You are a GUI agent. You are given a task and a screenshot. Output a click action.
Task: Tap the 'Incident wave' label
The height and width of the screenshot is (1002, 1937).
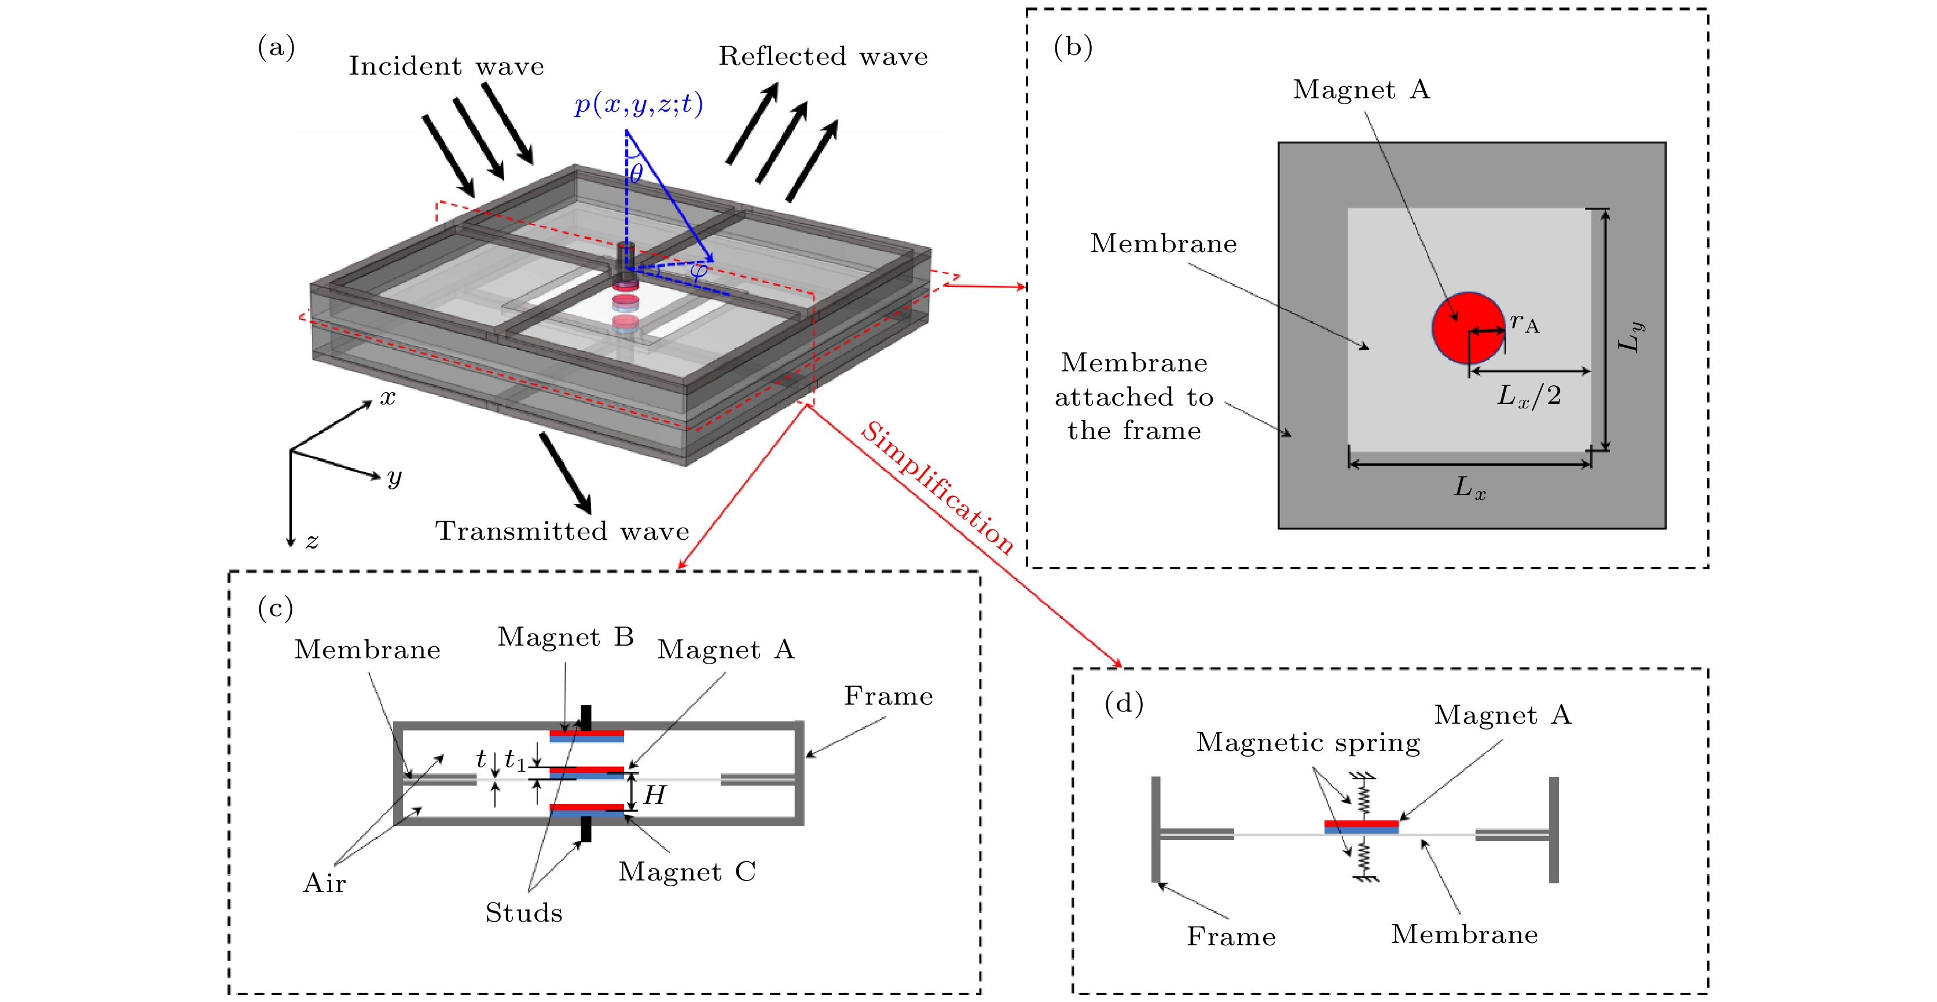pyautogui.click(x=446, y=66)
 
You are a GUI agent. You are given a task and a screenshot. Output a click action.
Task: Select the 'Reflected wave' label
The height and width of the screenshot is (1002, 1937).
pyautogui.click(x=823, y=56)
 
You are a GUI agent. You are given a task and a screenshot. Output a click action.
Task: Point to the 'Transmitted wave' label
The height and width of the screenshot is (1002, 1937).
pyautogui.click(x=562, y=531)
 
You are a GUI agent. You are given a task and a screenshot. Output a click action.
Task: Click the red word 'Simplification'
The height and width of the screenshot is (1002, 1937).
pyautogui.click(x=937, y=487)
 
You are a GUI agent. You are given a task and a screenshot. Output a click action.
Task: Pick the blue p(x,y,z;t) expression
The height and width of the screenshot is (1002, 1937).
pyautogui.click(x=639, y=104)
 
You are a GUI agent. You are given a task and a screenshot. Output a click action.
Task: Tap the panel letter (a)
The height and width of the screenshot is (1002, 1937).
pyautogui.click(x=276, y=47)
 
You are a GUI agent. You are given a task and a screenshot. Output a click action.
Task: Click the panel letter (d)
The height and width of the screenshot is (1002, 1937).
pyautogui.click(x=1124, y=703)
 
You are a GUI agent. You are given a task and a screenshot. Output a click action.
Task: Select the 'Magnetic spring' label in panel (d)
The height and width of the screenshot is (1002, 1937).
pyautogui.click(x=1308, y=742)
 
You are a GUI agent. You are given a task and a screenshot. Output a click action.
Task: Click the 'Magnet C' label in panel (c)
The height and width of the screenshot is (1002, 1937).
pyautogui.click(x=687, y=871)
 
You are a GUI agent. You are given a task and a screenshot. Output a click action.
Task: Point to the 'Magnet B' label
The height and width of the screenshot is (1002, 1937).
pyautogui.click(x=566, y=637)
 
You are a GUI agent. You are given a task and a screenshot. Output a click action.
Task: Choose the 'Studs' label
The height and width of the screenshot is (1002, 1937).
pyautogui.click(x=523, y=912)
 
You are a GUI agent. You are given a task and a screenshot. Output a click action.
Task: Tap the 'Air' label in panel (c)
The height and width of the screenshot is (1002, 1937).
pyautogui.click(x=324, y=882)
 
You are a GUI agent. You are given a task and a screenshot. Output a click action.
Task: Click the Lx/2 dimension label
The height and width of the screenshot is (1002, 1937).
pyautogui.click(x=1529, y=395)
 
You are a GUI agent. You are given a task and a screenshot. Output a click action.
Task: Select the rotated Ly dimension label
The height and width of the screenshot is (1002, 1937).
pyautogui.click(x=1630, y=336)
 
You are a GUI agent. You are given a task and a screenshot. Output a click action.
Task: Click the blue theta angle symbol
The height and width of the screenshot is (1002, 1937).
pyautogui.click(x=636, y=174)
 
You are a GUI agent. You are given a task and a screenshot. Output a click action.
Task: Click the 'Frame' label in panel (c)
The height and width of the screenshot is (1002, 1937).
pyautogui.click(x=888, y=696)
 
